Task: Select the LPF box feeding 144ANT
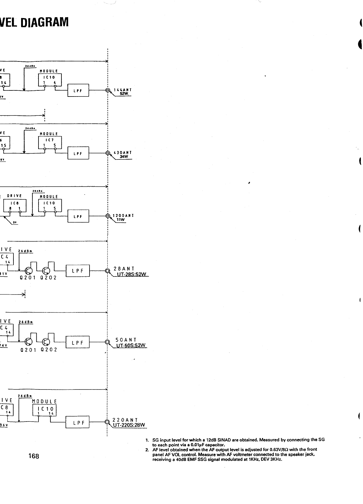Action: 78,90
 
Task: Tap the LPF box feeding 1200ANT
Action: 78,216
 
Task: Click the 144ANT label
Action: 122,90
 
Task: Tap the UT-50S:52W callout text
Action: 130,345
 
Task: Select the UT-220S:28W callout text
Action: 129,425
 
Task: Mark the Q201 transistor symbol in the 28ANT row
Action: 29,271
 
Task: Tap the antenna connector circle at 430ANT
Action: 107,153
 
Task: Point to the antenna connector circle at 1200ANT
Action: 107,216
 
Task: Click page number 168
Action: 34,456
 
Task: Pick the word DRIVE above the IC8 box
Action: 14,196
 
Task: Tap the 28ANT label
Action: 124,269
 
